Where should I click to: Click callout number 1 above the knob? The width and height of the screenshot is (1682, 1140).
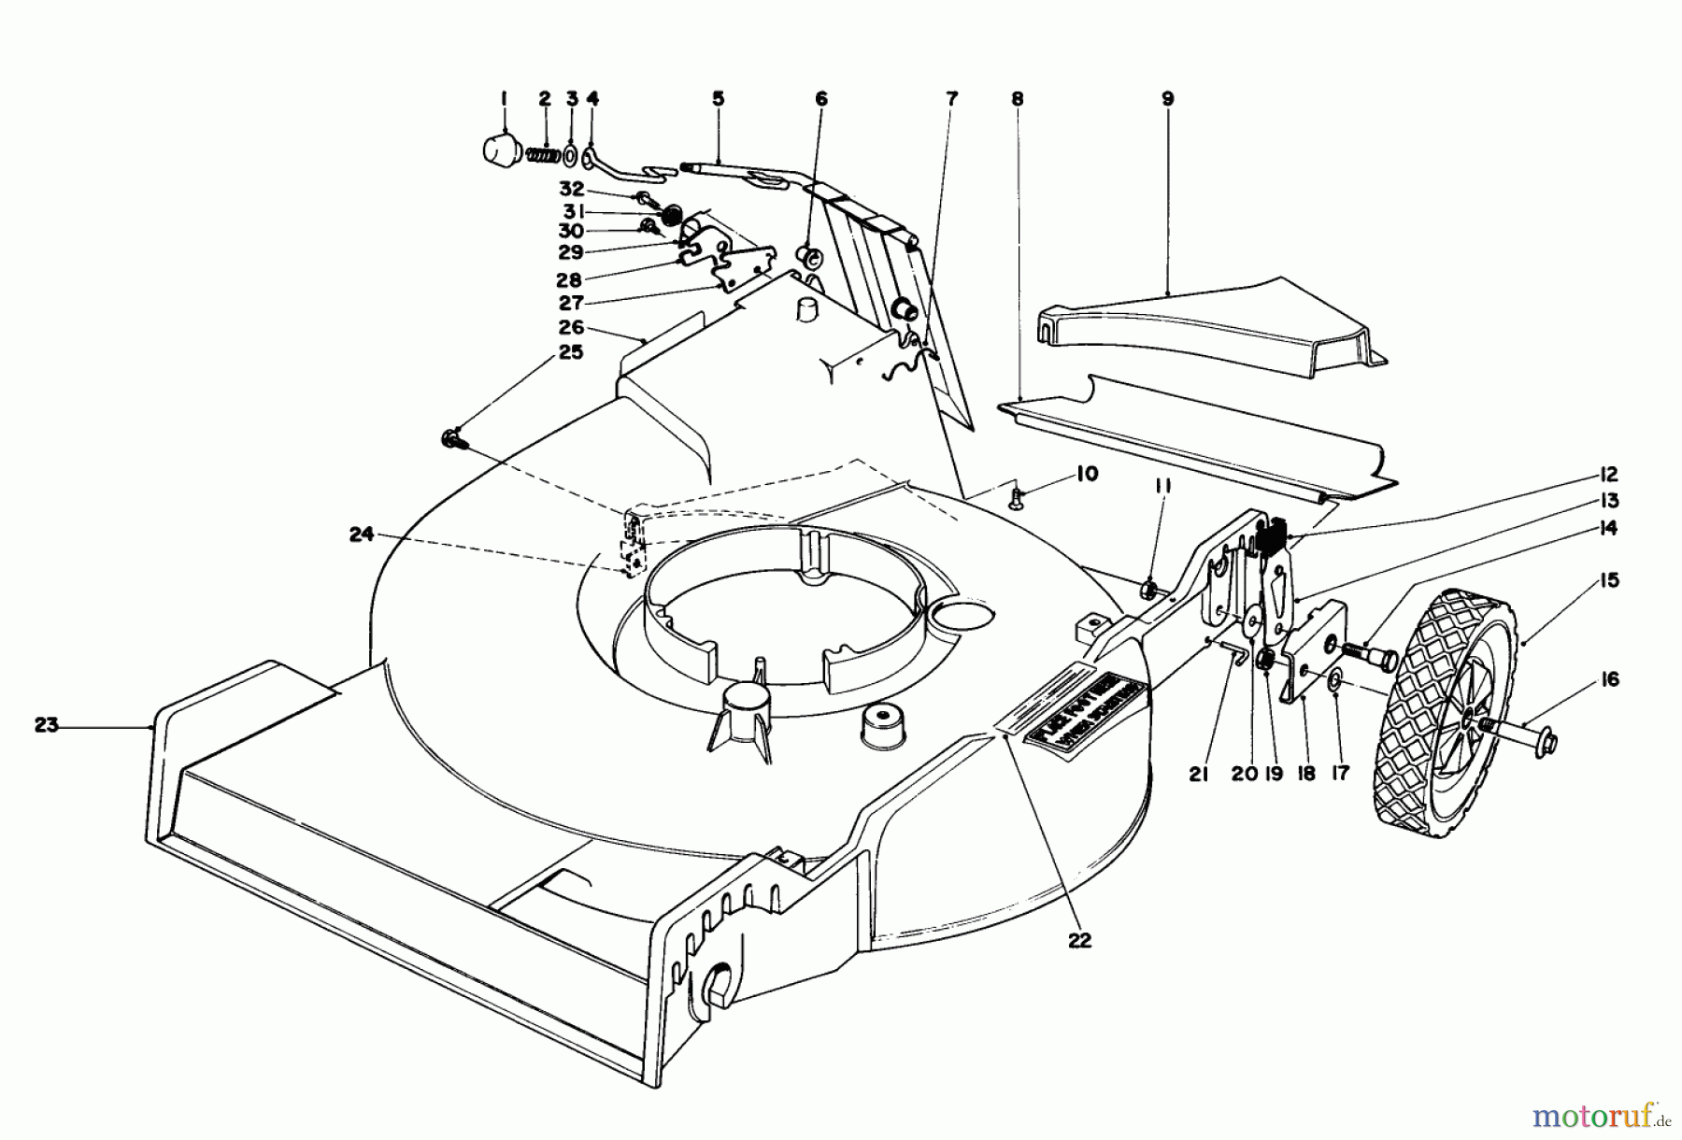click(x=504, y=98)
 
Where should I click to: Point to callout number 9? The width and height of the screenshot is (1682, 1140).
click(x=1167, y=98)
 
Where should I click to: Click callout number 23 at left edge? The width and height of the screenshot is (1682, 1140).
click(x=48, y=724)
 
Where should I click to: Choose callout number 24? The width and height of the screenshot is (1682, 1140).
click(x=362, y=534)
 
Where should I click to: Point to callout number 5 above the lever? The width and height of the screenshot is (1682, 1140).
click(x=718, y=98)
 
